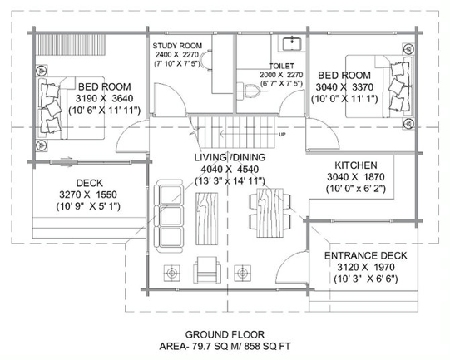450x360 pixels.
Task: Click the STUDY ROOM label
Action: click(177, 46)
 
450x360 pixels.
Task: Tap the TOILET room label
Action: click(281, 66)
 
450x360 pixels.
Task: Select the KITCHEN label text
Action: click(356, 165)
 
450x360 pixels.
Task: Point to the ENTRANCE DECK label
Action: click(366, 255)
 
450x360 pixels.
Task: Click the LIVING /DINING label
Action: click(230, 157)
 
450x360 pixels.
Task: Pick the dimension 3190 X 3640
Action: click(105, 98)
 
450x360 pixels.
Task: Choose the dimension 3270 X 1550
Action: click(88, 195)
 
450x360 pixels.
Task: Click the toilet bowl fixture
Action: click(248, 91)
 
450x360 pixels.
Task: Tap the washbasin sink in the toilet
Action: click(292, 44)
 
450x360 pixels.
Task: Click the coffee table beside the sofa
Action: click(206, 219)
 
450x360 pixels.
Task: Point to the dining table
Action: click(270, 213)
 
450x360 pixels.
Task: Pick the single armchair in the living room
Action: click(207, 270)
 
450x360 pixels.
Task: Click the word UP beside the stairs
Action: click(282, 134)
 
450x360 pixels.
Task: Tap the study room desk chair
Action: click(205, 59)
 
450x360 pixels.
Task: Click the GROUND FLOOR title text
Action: click(225, 334)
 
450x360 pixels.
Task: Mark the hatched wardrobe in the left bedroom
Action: click(71, 44)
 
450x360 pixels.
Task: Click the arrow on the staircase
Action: click(249, 133)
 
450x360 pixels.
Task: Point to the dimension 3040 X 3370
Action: click(344, 87)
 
